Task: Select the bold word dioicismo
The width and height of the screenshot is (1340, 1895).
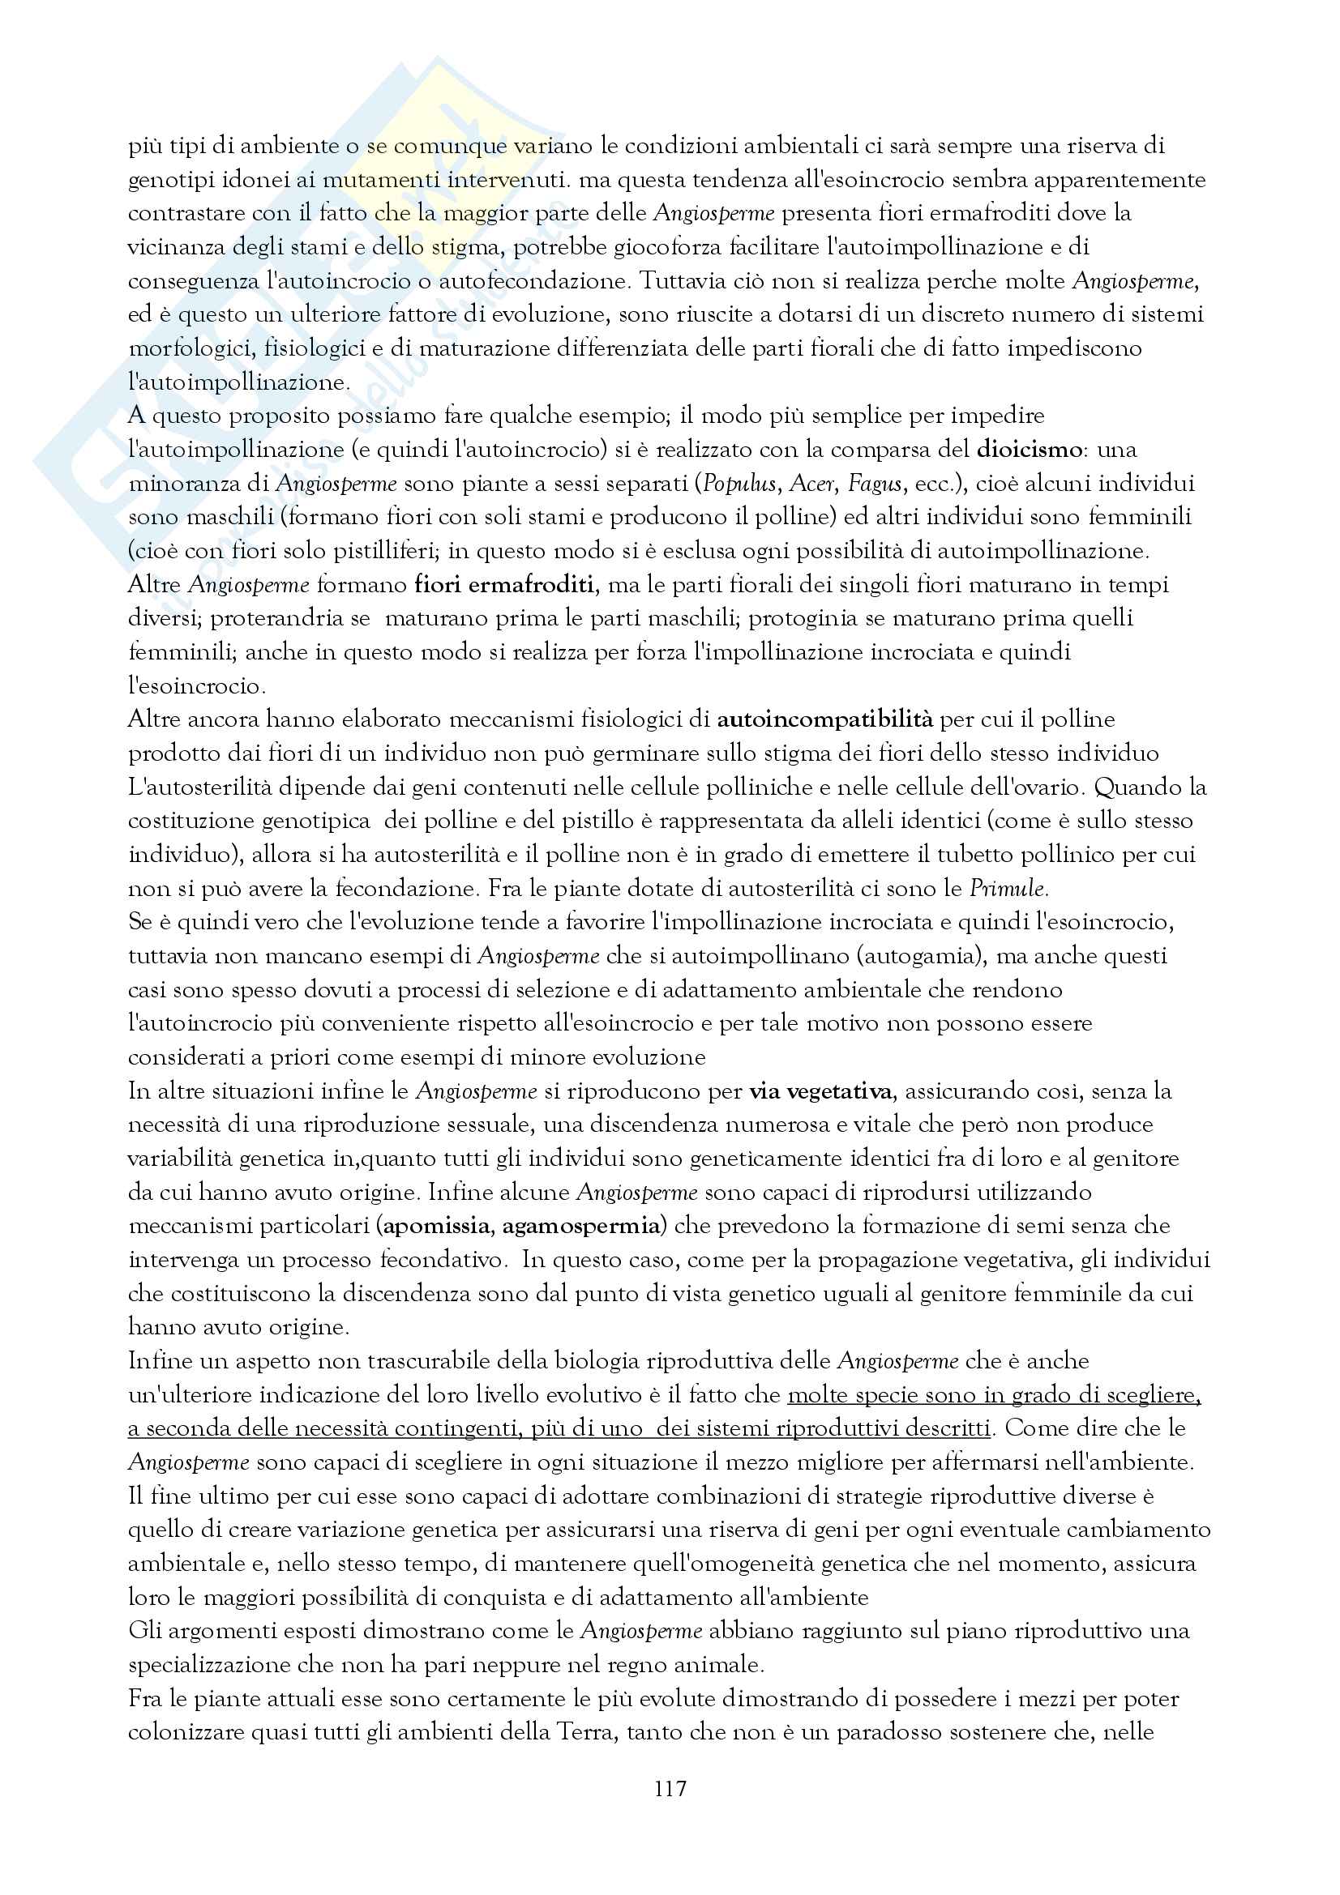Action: tap(1029, 450)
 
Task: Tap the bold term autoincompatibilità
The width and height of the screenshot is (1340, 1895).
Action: tap(824, 719)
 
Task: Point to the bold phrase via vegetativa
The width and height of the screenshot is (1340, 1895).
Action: tap(820, 1092)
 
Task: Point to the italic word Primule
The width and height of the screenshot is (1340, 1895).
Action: tap(1008, 889)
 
